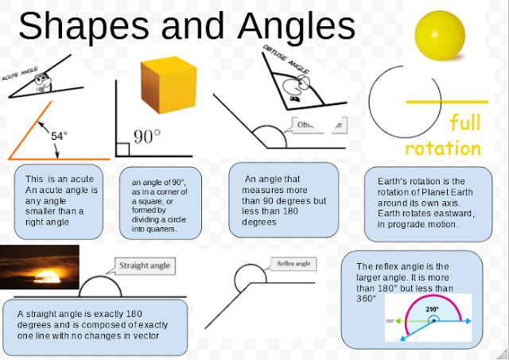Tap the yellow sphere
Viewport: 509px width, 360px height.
pos(440,32)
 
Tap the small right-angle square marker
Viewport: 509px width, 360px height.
pos(122,149)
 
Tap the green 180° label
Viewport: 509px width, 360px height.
pos(390,321)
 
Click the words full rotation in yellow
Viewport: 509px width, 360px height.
pos(443,136)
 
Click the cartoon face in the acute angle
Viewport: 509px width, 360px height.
pos(45,79)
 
